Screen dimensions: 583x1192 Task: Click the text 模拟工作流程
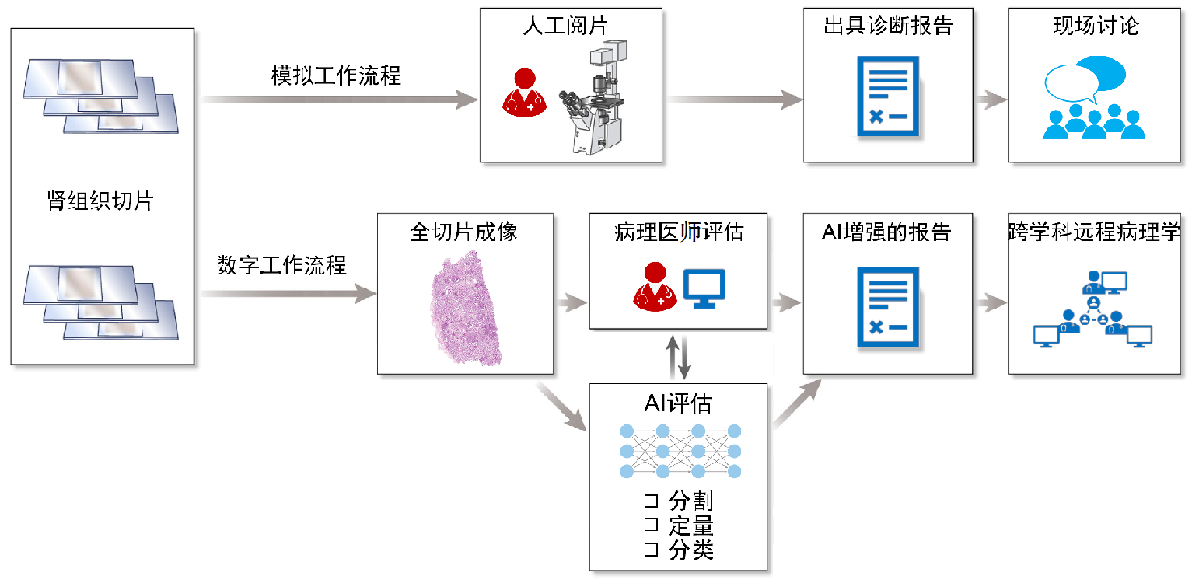pos(336,75)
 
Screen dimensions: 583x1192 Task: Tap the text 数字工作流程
pos(281,266)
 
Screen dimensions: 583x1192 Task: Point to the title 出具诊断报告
pos(888,26)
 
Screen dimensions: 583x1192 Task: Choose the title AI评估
pos(678,403)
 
